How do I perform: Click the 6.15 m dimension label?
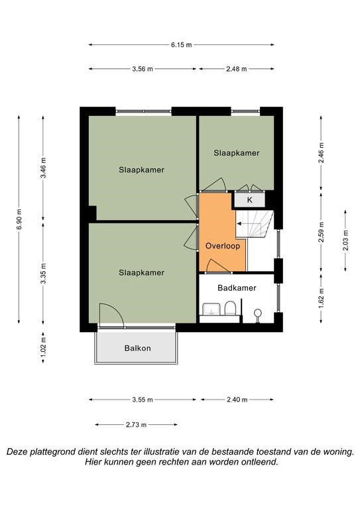pyautogui.click(x=181, y=45)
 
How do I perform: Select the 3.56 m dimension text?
pyautogui.click(x=143, y=69)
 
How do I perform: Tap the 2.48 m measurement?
pyautogui.click(x=236, y=69)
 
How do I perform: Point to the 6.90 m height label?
pyautogui.click(x=19, y=219)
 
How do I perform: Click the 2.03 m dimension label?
pyautogui.click(x=345, y=240)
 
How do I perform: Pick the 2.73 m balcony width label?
pyautogui.click(x=136, y=425)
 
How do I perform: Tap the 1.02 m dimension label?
pyautogui.click(x=44, y=346)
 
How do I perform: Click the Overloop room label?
pyautogui.click(x=223, y=246)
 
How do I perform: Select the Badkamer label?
pyautogui.click(x=237, y=288)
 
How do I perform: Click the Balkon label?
pyautogui.click(x=138, y=348)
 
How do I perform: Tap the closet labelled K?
pyautogui.click(x=250, y=199)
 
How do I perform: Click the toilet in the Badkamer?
pyautogui.click(x=230, y=308)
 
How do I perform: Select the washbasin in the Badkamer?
pyautogui.click(x=211, y=309)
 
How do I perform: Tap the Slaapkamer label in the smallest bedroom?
pyautogui.click(x=236, y=153)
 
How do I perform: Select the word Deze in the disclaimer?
pyautogui.click(x=17, y=452)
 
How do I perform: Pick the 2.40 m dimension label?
pyautogui.click(x=237, y=400)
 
